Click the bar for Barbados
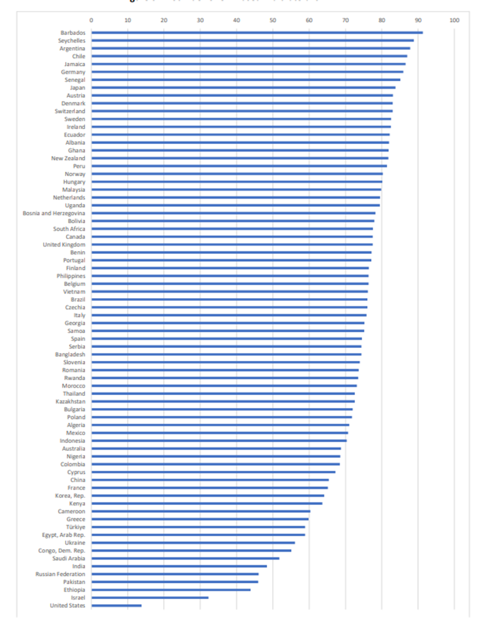pos(257,33)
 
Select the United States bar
pos(116,605)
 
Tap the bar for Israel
pos(150,598)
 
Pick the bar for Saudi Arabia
pos(185,558)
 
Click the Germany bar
pos(247,72)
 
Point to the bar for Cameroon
pos(201,511)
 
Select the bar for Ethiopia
pos(171,590)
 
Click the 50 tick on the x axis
pos(273,20)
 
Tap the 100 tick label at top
pos(454,20)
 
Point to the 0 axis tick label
pos(91,20)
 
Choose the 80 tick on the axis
pos(382,20)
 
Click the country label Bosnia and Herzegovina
pos(54,213)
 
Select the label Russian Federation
pos(60,574)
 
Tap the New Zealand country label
pos(68,158)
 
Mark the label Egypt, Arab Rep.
pos(63,535)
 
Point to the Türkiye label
pos(75,527)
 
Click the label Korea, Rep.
pos(70,496)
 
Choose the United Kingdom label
pos(64,244)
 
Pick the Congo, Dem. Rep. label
pos(61,550)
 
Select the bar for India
pos(179,566)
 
